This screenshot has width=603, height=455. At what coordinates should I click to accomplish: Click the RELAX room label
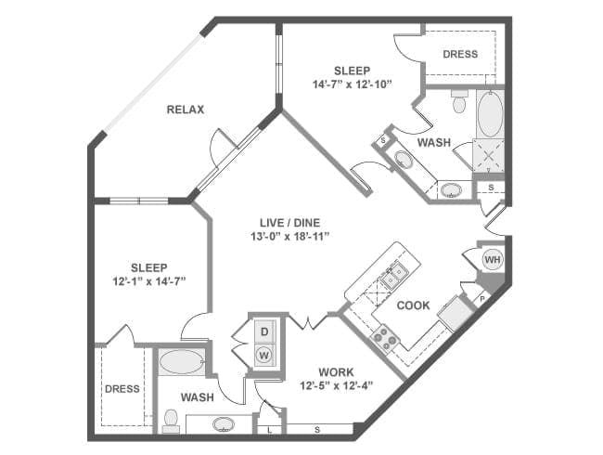pyautogui.click(x=186, y=110)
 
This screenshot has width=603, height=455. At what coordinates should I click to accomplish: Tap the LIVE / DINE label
pyautogui.click(x=290, y=223)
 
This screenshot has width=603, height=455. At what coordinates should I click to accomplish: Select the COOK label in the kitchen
pyautogui.click(x=413, y=305)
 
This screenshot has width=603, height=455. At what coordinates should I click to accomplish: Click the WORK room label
pyautogui.click(x=336, y=372)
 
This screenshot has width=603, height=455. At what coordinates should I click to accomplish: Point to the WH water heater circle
pyautogui.click(x=493, y=259)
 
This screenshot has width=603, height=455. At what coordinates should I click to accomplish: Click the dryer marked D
pyautogui.click(x=264, y=331)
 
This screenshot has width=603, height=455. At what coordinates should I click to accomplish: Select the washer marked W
pyautogui.click(x=264, y=355)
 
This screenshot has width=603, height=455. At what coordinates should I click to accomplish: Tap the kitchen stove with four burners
pyautogui.click(x=385, y=338)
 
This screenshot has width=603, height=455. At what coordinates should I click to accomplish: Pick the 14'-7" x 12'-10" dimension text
pyautogui.click(x=352, y=84)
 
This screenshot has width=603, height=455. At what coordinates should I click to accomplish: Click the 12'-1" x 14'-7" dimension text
pyautogui.click(x=149, y=281)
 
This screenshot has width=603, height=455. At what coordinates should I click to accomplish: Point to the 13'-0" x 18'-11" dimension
pyautogui.click(x=290, y=236)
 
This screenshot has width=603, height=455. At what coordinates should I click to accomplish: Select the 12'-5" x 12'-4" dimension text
pyautogui.click(x=336, y=385)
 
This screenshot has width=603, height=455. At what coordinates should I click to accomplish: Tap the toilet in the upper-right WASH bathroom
pyautogui.click(x=459, y=101)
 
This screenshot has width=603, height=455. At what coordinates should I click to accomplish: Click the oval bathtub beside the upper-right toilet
pyautogui.click(x=491, y=113)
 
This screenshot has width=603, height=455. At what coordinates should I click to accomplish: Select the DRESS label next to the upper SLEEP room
pyautogui.click(x=460, y=54)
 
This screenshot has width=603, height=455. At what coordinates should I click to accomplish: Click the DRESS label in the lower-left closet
pyautogui.click(x=122, y=389)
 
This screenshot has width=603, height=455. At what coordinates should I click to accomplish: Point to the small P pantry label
pyautogui.click(x=482, y=297)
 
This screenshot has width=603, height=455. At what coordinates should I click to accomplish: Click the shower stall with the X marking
pyautogui.click(x=488, y=156)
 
